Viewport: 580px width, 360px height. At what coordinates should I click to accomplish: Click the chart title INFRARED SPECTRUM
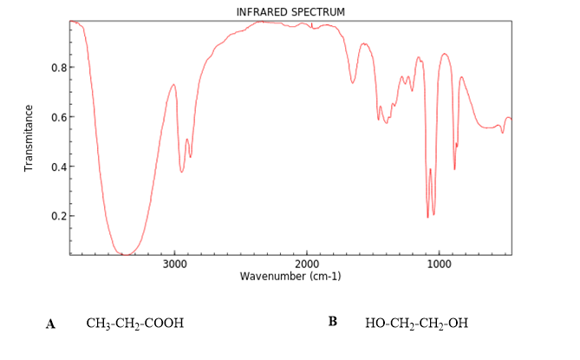coord(290,11)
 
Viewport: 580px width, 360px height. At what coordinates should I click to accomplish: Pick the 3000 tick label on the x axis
coord(175,264)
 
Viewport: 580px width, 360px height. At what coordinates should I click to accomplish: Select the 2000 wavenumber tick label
coord(307,264)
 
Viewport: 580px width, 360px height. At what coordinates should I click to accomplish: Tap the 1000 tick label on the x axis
coord(440,264)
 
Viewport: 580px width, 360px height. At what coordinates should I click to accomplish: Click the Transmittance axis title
coord(29,138)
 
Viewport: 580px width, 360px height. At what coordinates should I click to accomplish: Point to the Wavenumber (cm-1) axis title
coord(290,276)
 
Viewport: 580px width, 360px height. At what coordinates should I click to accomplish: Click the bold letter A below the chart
coord(51,324)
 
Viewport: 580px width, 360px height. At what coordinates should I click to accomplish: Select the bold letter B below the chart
coord(333,322)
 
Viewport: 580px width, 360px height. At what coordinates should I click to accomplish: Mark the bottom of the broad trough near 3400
coord(127,254)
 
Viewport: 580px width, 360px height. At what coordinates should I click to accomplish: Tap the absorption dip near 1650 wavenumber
coord(353,83)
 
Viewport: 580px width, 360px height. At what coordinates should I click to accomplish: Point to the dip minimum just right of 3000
coord(181,172)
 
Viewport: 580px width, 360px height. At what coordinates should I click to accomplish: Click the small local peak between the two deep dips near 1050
coord(430,169)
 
